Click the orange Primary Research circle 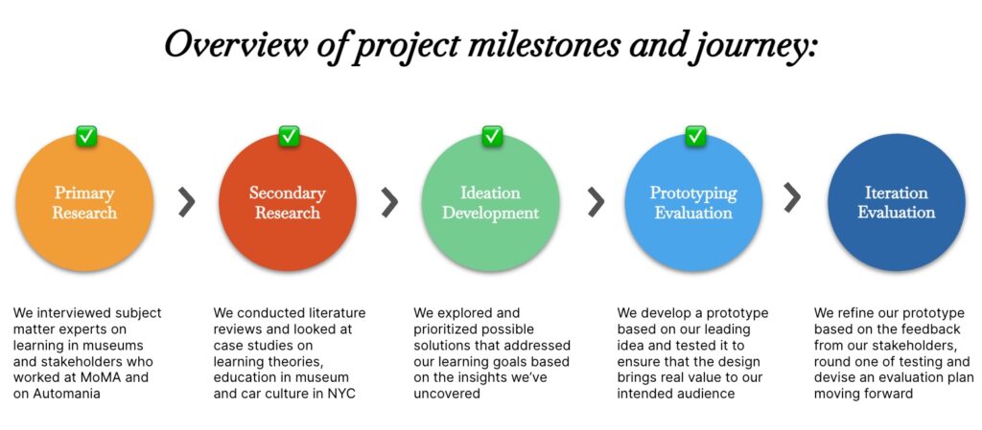84,202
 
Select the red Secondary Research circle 288,202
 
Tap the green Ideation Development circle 490,202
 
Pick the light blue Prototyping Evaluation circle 693,202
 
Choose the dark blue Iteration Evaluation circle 897,202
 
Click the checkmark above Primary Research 85,136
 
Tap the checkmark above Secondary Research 289,136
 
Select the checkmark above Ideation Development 492,136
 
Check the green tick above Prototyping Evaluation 695,136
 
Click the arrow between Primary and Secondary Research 187,201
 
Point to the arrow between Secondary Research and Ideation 389,201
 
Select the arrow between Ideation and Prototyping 596,201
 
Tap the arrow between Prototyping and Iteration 792,197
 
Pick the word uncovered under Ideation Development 447,393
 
